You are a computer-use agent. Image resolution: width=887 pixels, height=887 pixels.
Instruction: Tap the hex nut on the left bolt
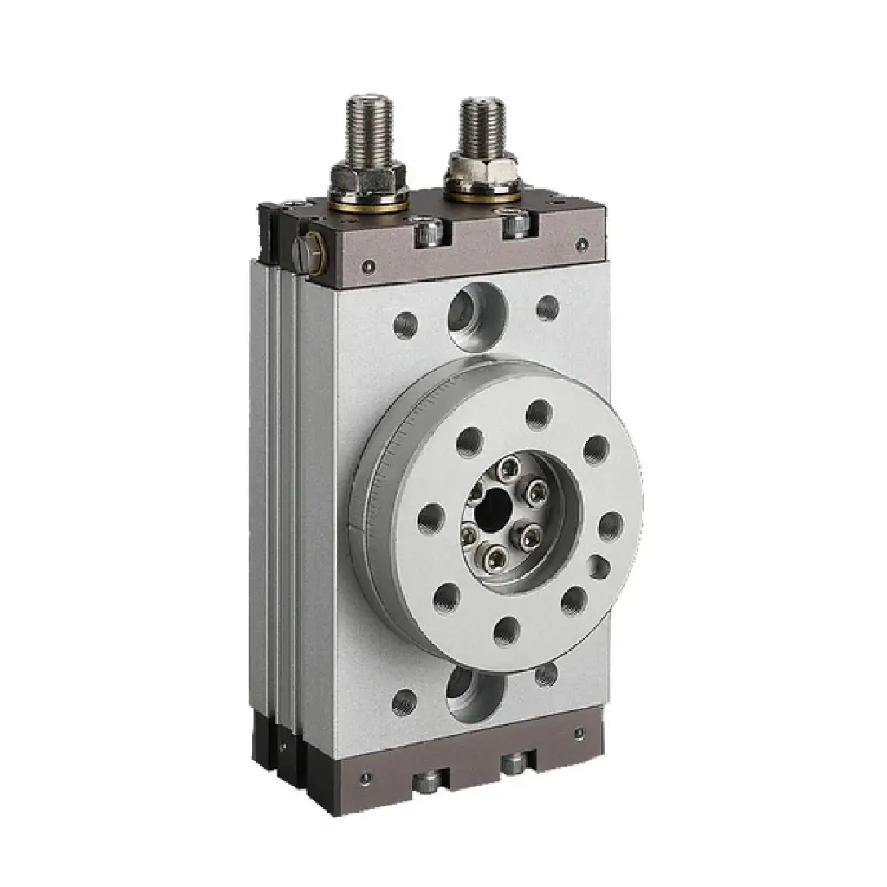(x=368, y=178)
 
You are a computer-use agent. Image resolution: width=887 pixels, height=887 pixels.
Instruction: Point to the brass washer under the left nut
(x=369, y=204)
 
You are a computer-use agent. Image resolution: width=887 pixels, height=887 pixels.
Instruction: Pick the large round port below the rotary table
(x=474, y=693)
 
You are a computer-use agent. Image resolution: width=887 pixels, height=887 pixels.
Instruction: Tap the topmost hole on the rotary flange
(x=538, y=414)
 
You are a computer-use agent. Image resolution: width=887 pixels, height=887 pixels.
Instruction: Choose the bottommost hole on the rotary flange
(x=507, y=631)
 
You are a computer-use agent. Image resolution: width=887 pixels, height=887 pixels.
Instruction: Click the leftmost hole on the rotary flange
(x=431, y=518)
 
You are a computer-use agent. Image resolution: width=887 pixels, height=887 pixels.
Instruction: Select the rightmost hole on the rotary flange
(x=611, y=526)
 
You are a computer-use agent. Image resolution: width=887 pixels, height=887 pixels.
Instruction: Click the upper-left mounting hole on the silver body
(x=405, y=325)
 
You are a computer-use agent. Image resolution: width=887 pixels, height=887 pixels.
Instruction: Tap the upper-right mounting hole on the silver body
(x=547, y=308)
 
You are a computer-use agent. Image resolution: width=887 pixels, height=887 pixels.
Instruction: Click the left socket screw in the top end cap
(x=427, y=232)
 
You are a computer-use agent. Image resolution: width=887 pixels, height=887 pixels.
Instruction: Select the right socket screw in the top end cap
(x=516, y=224)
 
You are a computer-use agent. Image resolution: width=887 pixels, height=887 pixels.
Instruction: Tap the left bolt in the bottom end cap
(x=425, y=782)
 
